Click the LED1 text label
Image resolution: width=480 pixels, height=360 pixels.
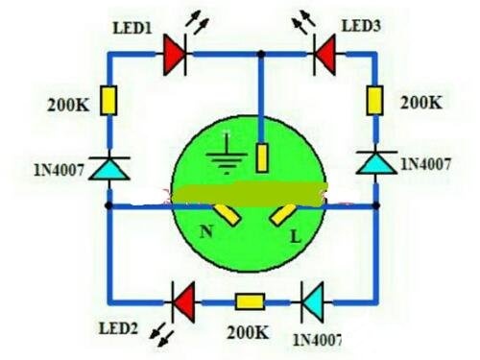pos(132,28)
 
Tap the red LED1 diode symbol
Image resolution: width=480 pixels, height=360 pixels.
pos(175,55)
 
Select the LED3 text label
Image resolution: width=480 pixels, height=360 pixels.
pos(361,26)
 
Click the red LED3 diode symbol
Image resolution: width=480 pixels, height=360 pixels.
pos(324,55)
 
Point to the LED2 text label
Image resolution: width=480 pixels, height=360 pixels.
pos(118,328)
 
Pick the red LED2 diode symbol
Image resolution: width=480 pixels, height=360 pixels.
pos(183,302)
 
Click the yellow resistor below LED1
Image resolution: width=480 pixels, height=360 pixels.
pos(108,101)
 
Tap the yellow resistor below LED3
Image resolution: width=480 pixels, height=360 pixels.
pos(374,101)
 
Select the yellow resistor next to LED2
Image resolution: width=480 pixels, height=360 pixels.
pos(250,301)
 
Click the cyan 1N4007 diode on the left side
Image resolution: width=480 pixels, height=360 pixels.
pos(109,168)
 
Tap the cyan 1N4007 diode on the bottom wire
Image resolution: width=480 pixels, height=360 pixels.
pos(312,302)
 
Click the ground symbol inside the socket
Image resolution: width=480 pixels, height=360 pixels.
pos(227,153)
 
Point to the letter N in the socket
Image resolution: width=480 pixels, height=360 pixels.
pos(206,231)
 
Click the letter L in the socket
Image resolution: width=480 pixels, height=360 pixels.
pos(296,237)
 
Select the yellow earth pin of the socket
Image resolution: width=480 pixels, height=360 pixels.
pos(262,158)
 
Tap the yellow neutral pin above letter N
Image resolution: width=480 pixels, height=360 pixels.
pos(228,215)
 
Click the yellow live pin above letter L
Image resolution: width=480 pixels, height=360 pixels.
pos(283,215)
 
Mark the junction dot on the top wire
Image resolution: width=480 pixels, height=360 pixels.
pos(261,55)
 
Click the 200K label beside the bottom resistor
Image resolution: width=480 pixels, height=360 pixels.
pos(248,333)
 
